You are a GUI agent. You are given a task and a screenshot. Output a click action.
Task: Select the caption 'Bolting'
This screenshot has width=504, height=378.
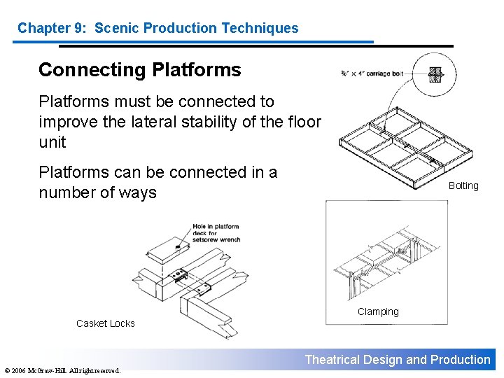[463, 185]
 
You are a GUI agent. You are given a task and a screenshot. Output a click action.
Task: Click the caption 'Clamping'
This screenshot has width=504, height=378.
[378, 311]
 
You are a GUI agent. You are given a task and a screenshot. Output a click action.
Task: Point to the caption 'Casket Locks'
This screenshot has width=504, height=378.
[105, 323]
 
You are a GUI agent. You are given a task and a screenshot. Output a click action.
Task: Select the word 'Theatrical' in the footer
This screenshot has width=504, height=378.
[332, 360]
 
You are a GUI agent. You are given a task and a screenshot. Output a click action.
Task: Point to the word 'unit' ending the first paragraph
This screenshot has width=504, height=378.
[52, 142]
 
